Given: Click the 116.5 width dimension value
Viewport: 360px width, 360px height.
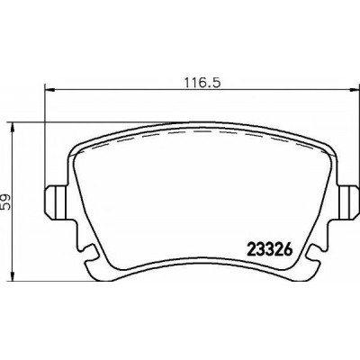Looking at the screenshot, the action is pyautogui.click(x=202, y=82).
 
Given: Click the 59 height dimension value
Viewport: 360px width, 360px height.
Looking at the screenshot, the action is pyautogui.click(x=5, y=202).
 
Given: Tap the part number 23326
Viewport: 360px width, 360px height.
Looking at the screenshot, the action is pyautogui.click(x=269, y=249).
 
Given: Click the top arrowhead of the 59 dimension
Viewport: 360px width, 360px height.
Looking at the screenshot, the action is pyautogui.click(x=12, y=128).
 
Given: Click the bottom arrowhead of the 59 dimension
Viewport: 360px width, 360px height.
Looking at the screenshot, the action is pyautogui.click(x=12, y=275).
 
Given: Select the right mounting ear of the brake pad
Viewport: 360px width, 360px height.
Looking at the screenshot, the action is pyautogui.click(x=348, y=202).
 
